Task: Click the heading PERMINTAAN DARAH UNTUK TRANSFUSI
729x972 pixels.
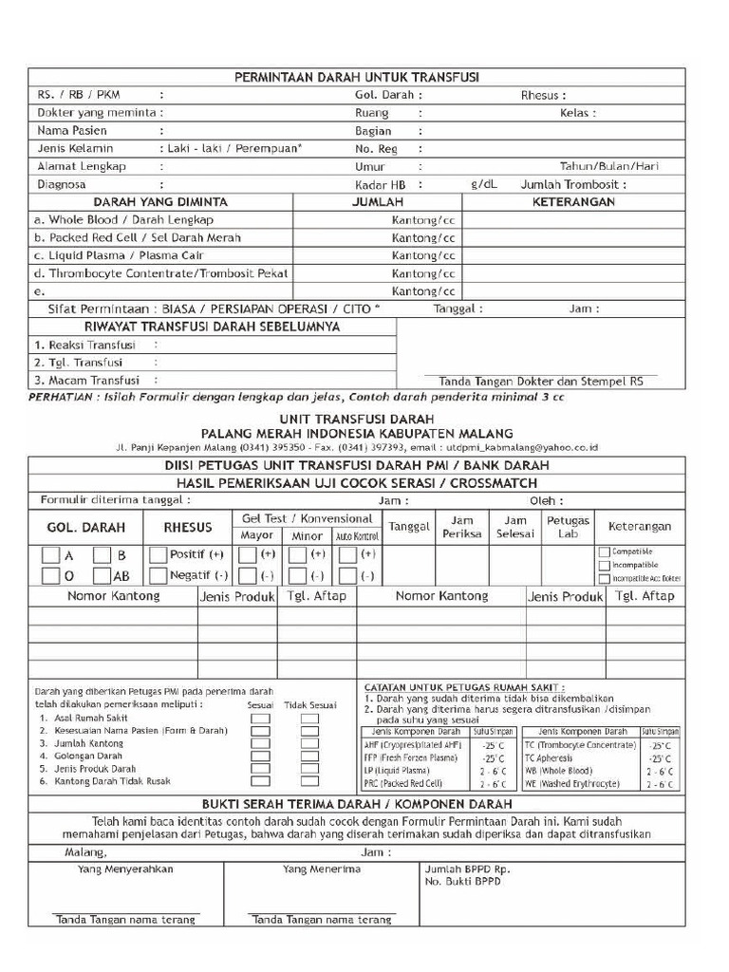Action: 356,77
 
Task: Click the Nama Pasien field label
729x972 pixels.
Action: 72,131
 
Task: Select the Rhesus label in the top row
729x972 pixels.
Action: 543,95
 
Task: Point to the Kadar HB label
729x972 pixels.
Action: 381,185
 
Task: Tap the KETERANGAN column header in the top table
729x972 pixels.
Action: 573,202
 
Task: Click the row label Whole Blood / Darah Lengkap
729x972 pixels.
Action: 124,220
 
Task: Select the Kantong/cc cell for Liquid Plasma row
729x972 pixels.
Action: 423,255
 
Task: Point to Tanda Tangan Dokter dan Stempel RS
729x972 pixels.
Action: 540,380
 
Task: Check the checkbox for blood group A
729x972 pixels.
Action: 51,555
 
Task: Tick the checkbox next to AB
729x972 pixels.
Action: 103,576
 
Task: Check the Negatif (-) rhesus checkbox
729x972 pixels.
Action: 157,576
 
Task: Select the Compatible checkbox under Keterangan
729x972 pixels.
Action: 604,551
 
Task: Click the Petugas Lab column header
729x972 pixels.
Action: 568,527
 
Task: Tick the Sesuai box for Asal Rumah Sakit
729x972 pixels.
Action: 260,719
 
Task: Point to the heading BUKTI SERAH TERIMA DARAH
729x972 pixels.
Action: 356,804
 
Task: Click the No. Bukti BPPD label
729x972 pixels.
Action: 463,882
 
